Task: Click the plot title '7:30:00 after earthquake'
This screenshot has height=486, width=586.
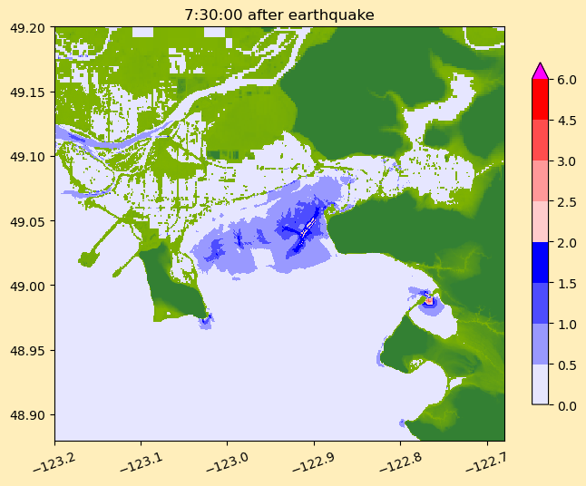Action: pos(279,15)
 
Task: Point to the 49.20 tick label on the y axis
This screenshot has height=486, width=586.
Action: pos(26,28)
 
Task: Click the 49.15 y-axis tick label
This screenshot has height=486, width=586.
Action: pos(26,92)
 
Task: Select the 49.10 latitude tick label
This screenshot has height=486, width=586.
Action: pos(26,157)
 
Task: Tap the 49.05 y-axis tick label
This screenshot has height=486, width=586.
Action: pos(26,221)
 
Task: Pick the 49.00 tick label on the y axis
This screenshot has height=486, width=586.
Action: pos(26,286)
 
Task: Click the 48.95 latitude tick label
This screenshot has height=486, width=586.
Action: pos(26,350)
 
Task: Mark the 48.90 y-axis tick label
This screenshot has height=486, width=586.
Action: pos(26,414)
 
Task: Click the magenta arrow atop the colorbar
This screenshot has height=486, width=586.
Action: pos(540,71)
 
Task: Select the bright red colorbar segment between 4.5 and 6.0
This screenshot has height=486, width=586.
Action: pos(540,99)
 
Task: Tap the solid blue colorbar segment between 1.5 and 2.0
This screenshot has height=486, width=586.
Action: pos(540,262)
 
